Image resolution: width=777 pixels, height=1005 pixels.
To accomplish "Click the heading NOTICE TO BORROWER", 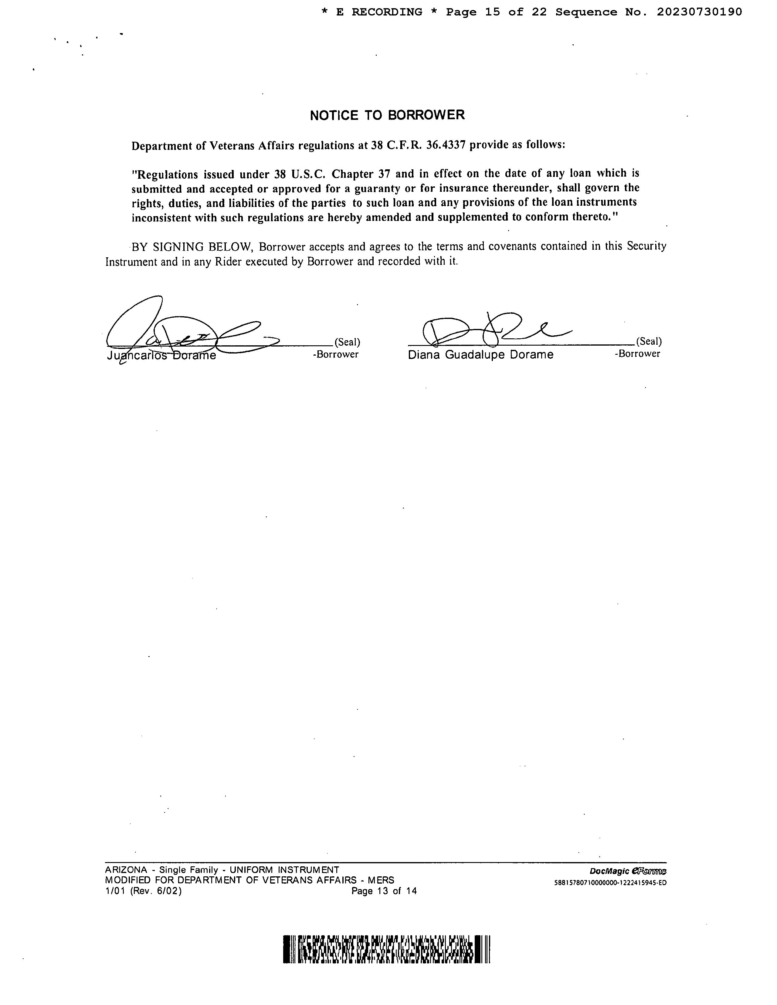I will (387, 115).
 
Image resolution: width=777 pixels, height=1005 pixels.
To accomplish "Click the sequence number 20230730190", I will (699, 12).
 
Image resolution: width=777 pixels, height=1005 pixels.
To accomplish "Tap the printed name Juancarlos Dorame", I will (161, 356).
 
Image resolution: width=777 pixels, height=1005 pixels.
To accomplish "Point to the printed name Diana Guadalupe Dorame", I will (480, 355).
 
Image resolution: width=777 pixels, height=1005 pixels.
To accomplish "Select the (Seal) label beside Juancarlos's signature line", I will (347, 342).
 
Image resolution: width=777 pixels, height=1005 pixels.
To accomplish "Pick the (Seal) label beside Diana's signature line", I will (649, 341).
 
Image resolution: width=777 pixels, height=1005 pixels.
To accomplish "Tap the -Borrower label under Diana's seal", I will (637, 354).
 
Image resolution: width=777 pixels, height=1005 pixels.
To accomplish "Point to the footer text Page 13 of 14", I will (384, 891).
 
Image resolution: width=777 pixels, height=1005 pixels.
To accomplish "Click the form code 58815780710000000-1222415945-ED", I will (610, 883).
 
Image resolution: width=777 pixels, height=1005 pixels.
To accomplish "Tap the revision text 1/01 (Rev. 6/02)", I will (143, 891).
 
